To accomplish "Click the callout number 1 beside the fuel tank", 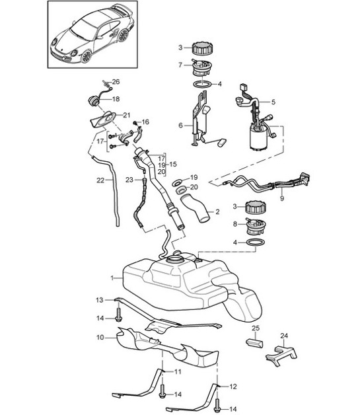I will [x=112, y=278].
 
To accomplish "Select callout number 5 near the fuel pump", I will [x=273, y=102].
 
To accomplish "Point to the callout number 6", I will [x=180, y=124].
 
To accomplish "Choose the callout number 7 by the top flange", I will [x=180, y=65].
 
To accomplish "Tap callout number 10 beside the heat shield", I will [x=100, y=338].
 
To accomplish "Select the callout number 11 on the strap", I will [x=178, y=373].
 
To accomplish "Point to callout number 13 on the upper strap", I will [x=100, y=300].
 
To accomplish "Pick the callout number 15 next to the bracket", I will [x=172, y=164].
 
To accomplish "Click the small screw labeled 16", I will [x=135, y=123].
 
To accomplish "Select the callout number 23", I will [x=130, y=179].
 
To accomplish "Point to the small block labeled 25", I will [x=254, y=342].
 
